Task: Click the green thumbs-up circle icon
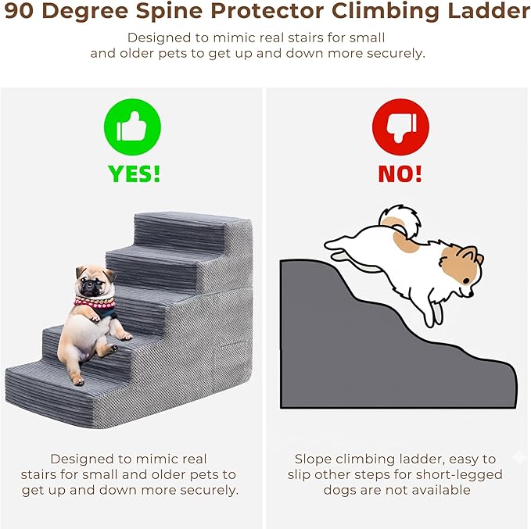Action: pos(132,127)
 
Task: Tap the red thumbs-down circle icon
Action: pos(400,127)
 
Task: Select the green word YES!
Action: pos(134,174)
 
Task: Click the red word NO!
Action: pos(400,174)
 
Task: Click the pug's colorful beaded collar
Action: pos(95,303)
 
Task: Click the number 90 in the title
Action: pos(19,11)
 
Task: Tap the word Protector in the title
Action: pos(267,11)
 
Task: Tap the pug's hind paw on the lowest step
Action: pos(78,381)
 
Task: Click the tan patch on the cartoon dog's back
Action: pos(405,241)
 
